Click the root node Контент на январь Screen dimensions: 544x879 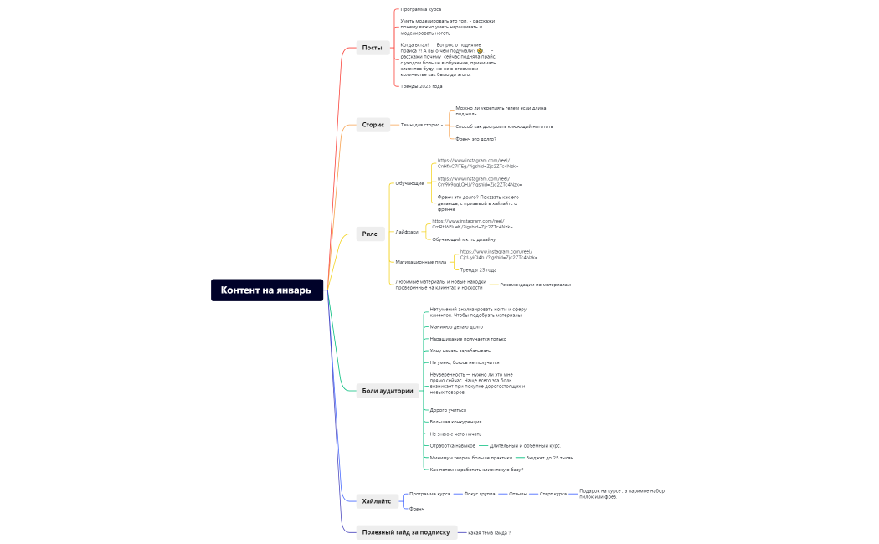click(x=266, y=290)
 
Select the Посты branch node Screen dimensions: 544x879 click(x=372, y=48)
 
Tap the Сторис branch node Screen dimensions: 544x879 click(x=373, y=125)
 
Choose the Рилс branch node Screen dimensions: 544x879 click(x=370, y=234)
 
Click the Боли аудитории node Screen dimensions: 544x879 click(x=388, y=390)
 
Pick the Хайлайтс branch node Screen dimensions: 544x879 click(x=376, y=501)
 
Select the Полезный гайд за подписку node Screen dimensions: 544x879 click(x=405, y=532)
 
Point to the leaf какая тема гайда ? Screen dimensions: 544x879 click(x=490, y=532)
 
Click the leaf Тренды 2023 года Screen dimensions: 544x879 click(x=421, y=86)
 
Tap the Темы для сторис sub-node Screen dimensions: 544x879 click(x=420, y=125)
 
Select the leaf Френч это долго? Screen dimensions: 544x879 click(x=475, y=139)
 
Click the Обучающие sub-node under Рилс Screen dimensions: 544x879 click(x=409, y=183)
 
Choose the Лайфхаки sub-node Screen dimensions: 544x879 click(x=407, y=232)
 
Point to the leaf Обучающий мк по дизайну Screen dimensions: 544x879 click(x=464, y=239)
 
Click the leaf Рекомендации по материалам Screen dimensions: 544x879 click(x=535, y=285)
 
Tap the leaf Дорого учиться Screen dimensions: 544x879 click(x=448, y=410)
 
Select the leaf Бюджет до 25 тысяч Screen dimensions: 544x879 click(x=550, y=458)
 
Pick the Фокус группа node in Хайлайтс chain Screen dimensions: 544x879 click(x=480, y=494)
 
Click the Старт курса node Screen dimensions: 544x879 click(x=553, y=494)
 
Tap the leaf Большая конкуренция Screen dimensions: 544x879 click(x=455, y=422)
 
